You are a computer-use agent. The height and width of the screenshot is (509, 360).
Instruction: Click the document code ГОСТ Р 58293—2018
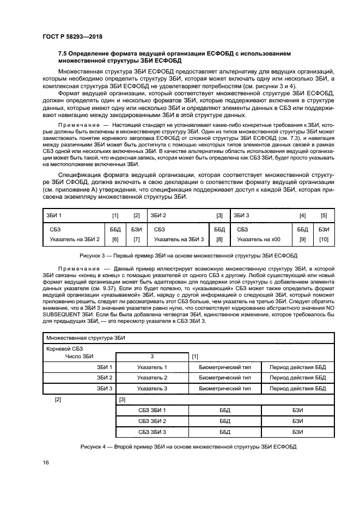pos(72,36)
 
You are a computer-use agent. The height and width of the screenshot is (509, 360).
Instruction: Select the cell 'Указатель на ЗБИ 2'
pos(74,240)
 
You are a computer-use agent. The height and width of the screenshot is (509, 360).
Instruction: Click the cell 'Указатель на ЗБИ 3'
pos(179,240)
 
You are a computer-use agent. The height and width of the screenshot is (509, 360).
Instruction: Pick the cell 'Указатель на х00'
pos(259,240)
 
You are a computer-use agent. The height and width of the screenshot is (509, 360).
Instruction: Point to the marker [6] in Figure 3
pos(115,240)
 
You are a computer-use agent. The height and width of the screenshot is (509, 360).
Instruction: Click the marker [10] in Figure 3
pos(324,240)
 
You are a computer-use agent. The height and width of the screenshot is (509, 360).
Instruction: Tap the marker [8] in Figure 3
pos(219,240)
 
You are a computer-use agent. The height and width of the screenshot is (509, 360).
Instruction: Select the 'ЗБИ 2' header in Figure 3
pos(158,216)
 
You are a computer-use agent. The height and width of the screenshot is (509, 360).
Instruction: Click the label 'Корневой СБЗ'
pos(65,348)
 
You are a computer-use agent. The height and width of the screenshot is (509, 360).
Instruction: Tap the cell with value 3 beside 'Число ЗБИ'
pos(152,357)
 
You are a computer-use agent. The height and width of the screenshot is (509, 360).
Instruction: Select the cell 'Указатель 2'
pos(152,377)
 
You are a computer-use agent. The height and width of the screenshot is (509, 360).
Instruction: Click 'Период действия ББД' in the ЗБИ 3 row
pos(297,388)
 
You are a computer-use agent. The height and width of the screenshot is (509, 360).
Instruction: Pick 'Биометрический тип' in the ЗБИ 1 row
pos(225,367)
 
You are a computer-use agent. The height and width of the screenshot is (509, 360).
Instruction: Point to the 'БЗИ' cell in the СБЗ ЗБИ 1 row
pos(297,410)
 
